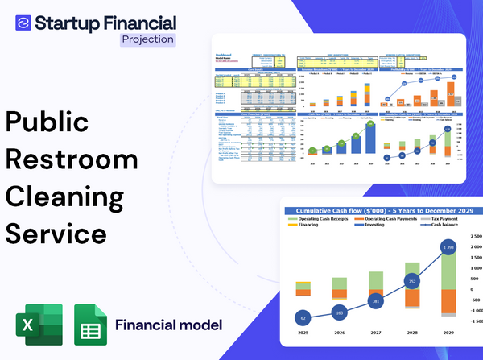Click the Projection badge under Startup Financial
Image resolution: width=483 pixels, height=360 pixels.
point(147,39)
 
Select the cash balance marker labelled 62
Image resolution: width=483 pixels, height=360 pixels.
point(303,318)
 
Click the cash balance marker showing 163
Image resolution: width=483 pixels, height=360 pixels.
point(339,312)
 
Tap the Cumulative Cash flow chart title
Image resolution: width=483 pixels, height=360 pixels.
point(385,209)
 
